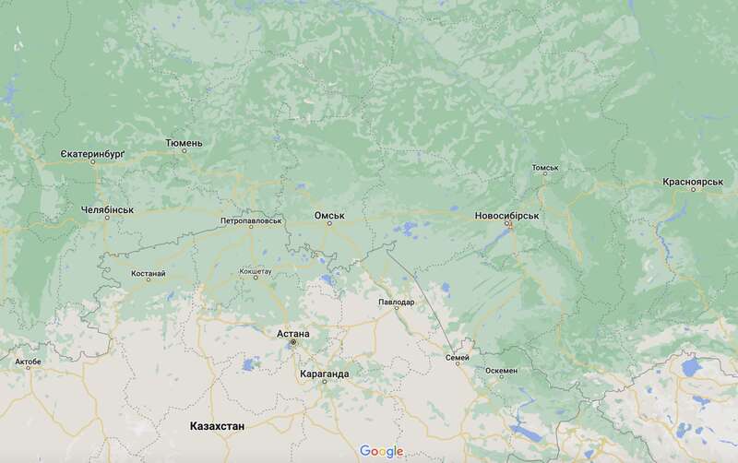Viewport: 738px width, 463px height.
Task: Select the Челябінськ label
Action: point(95,209)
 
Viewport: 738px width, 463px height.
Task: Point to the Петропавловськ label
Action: point(251,221)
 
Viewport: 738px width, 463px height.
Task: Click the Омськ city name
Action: point(329,215)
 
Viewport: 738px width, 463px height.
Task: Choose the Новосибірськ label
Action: point(506,215)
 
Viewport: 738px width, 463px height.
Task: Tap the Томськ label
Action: point(545,169)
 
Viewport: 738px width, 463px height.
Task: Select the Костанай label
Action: point(149,274)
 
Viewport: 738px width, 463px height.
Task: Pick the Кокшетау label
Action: point(256,272)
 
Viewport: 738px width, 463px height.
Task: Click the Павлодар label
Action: point(397,302)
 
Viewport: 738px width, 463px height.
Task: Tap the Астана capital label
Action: point(292,333)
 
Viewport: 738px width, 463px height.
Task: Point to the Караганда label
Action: point(324,374)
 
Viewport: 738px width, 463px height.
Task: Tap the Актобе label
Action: point(28,362)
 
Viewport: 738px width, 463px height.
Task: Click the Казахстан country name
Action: point(217,427)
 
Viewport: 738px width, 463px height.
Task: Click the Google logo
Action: point(382,451)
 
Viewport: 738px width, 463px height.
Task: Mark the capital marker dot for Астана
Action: point(293,343)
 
